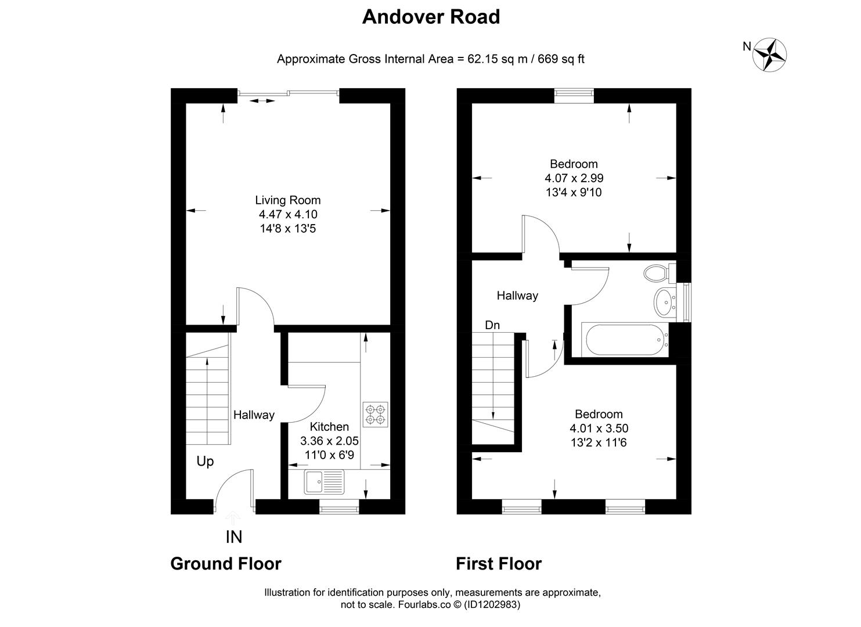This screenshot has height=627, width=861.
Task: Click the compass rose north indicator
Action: (x=770, y=55)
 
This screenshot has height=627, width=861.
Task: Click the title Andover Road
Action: (x=431, y=17)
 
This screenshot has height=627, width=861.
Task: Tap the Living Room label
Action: (x=287, y=200)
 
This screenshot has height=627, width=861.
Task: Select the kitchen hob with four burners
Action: (x=374, y=414)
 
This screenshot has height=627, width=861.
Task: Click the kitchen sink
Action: (x=325, y=482)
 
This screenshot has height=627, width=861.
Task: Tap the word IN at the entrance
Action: (x=233, y=537)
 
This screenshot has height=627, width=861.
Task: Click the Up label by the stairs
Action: (x=205, y=461)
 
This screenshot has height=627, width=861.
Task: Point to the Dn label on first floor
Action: (x=492, y=325)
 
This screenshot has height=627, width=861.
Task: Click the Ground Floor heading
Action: (x=225, y=564)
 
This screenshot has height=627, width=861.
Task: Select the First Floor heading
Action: (x=498, y=564)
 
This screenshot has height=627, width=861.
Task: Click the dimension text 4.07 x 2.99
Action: (x=574, y=178)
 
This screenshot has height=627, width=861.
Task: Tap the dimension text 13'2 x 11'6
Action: (x=599, y=443)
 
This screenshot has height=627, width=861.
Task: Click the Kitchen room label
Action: (x=329, y=427)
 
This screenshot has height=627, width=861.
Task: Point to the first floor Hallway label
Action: (x=517, y=296)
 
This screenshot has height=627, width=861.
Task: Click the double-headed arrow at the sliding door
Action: (x=262, y=101)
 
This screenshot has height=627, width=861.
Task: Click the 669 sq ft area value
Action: (x=561, y=59)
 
